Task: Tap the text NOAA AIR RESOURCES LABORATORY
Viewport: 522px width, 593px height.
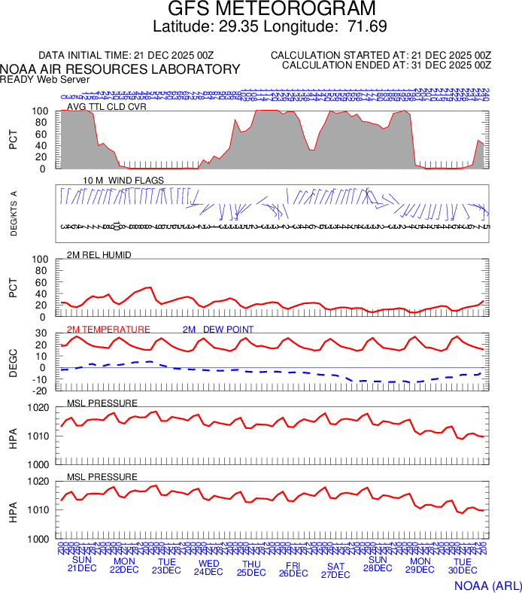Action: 120,69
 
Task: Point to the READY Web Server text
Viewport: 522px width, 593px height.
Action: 45,79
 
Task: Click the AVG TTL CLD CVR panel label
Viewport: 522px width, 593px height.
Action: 106,106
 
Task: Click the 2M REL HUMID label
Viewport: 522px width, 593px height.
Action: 99,255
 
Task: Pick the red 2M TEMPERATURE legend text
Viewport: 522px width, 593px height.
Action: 108,329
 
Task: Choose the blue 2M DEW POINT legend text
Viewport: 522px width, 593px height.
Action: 217,329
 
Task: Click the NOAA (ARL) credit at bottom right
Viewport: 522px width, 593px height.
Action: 487,585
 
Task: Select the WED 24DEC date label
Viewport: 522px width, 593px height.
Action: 208,567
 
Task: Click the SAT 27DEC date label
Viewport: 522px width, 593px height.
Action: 335,570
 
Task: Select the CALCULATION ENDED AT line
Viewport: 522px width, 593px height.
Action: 386,65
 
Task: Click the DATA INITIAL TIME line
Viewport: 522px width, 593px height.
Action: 126,56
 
